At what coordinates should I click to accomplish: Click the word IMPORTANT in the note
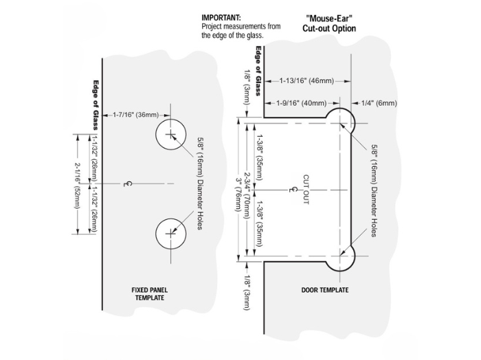click(220, 16)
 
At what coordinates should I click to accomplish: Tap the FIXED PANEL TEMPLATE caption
click(150, 294)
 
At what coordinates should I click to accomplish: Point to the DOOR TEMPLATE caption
click(325, 290)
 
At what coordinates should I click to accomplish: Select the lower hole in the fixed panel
click(170, 234)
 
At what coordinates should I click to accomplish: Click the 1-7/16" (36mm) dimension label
click(136, 114)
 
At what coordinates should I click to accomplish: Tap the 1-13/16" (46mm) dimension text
click(306, 81)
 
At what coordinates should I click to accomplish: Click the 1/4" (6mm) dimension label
click(379, 103)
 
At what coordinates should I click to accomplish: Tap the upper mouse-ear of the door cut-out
click(341, 120)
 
